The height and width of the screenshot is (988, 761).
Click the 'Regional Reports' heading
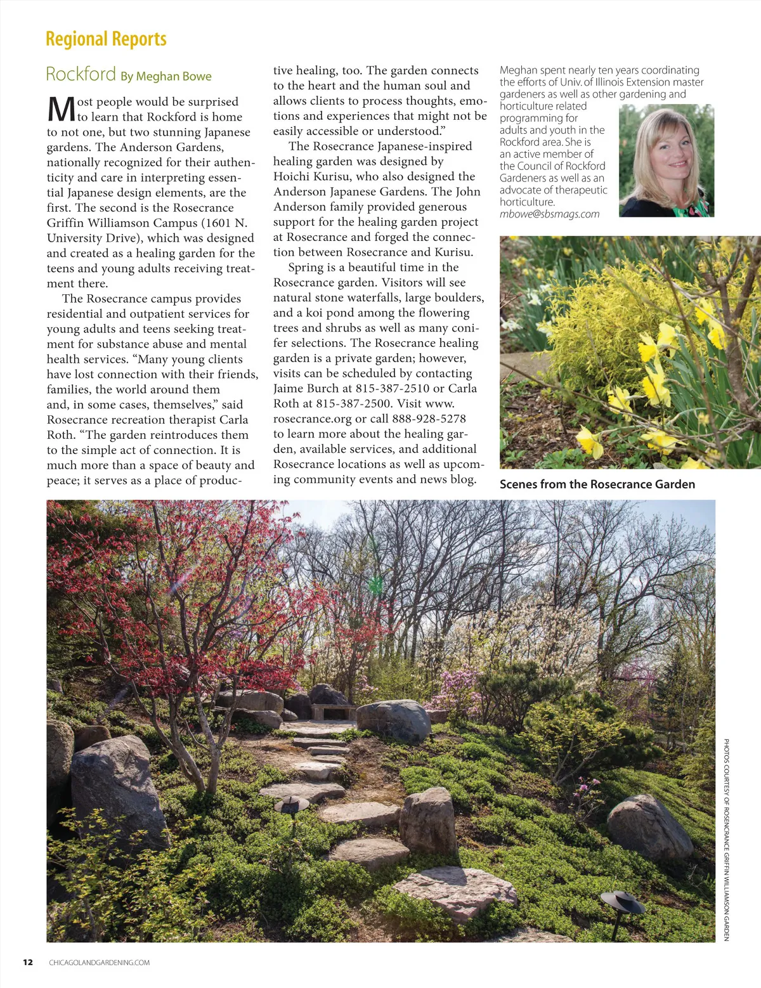coord(106,39)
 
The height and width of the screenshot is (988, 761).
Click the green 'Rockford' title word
coord(81,74)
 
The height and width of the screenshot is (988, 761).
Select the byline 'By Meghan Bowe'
coord(166,76)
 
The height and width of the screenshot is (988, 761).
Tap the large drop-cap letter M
coord(61,109)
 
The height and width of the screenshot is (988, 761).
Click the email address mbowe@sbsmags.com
coord(549,214)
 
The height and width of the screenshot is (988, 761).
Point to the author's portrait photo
coord(666,161)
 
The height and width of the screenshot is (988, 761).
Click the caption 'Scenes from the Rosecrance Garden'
coord(597,484)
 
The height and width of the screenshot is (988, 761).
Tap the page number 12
coord(28,962)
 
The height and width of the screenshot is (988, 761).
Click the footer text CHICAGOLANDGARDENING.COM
coord(100,963)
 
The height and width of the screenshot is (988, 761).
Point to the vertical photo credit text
coord(726,840)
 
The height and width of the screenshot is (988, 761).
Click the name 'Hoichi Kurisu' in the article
coord(311,177)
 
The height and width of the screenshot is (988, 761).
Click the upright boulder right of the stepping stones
coord(429,821)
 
